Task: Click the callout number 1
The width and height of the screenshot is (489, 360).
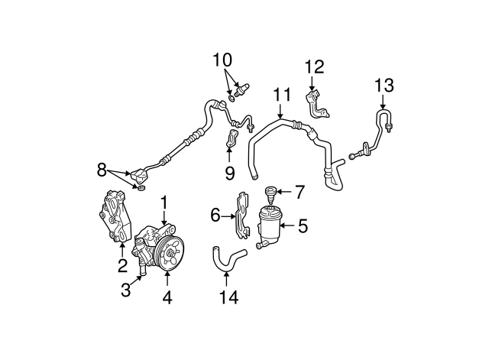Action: pos(164,203)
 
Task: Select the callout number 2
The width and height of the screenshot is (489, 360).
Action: pos(122,265)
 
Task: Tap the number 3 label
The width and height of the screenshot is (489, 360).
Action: pos(125,290)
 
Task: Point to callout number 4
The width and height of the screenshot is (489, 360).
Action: pos(167,297)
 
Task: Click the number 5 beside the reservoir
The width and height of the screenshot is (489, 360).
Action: pos(303,225)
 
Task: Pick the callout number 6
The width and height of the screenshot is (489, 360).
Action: pos(215,215)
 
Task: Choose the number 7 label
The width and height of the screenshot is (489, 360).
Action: pos(300,192)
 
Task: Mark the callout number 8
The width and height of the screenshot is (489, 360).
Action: pos(102,170)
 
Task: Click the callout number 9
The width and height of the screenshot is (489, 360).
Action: pos(230,174)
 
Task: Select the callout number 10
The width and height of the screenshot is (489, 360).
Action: pos(222,60)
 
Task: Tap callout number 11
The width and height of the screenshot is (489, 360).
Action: pos(282,95)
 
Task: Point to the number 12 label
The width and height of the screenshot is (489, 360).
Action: pos(314,66)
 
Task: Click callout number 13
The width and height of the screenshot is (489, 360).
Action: pos(384,85)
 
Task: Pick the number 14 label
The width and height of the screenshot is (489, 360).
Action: pos(229,297)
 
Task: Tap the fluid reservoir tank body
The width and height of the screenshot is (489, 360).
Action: pos(268,228)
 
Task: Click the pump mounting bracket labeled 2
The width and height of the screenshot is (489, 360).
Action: pos(115,216)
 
